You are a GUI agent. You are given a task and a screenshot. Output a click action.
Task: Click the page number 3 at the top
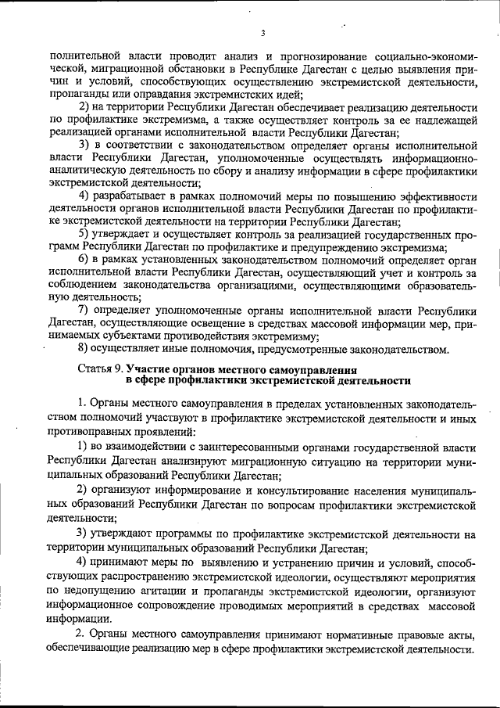263,32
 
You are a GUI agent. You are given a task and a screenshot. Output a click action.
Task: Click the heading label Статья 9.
102,368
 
